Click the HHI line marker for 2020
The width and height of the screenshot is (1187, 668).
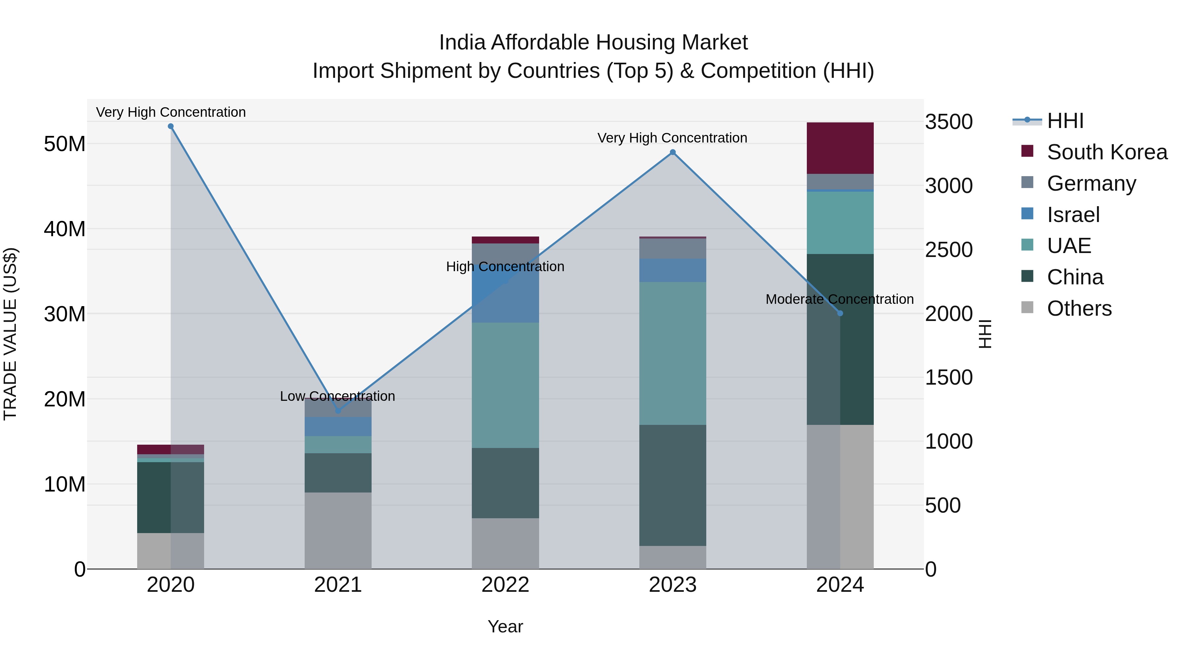click(x=170, y=126)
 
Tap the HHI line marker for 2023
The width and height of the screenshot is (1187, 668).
click(x=672, y=152)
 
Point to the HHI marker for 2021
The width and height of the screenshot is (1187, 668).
click(x=338, y=410)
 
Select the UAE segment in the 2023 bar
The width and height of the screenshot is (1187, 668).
click(x=672, y=353)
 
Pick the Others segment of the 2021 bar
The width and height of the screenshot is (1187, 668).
click(x=338, y=530)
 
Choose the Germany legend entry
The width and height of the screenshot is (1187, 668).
click(x=1091, y=183)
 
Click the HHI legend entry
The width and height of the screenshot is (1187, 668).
click(x=1065, y=121)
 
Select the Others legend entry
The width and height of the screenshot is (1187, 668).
click(x=1079, y=308)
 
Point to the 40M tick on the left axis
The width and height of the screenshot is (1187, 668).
click(x=65, y=229)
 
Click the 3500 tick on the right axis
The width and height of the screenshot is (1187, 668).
click(x=949, y=122)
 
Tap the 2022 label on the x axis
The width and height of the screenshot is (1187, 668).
click(x=505, y=585)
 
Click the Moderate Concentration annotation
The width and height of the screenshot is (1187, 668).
click(x=839, y=299)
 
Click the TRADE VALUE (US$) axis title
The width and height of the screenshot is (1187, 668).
click(x=10, y=334)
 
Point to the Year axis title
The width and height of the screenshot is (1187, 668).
click(x=505, y=626)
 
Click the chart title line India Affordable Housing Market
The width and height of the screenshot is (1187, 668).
click(x=593, y=43)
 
